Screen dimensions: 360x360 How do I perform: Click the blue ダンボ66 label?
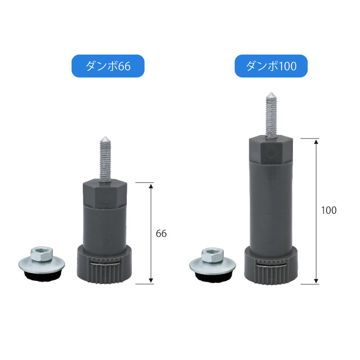(108, 66)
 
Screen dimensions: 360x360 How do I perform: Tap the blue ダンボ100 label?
(271, 66)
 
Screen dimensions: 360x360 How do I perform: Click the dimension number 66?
(161, 234)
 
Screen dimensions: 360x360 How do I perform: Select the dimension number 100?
(328, 210)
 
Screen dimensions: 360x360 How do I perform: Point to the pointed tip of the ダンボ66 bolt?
(105, 137)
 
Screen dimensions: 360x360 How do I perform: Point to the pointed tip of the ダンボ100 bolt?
(271, 93)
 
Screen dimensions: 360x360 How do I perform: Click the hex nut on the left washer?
(41, 254)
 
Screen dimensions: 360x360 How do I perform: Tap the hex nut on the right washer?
(212, 255)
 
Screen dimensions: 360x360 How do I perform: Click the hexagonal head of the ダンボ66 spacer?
(105, 194)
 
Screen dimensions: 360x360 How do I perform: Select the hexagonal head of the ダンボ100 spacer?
(271, 150)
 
